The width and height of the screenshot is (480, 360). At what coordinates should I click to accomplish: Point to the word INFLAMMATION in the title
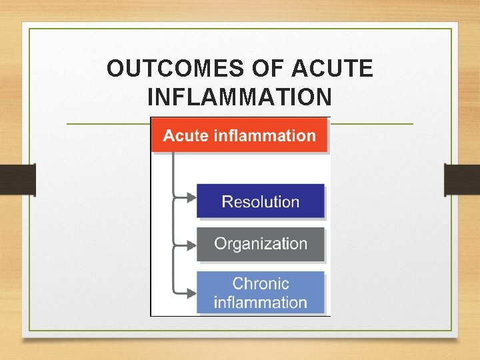[239, 97]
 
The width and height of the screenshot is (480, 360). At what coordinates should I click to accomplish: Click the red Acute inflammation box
[239, 135]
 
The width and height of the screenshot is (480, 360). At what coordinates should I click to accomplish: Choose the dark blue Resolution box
[260, 201]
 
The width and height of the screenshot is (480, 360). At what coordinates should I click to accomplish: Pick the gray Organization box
[260, 244]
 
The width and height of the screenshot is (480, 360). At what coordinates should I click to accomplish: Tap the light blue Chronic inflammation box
[260, 293]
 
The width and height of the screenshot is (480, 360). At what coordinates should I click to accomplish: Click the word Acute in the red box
[186, 135]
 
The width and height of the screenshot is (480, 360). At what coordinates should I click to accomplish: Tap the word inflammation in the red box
[264, 135]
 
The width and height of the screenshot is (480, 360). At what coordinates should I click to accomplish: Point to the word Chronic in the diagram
[261, 283]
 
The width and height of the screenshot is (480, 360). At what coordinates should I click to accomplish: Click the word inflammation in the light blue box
[261, 302]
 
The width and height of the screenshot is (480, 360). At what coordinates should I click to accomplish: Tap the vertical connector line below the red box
[173, 173]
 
